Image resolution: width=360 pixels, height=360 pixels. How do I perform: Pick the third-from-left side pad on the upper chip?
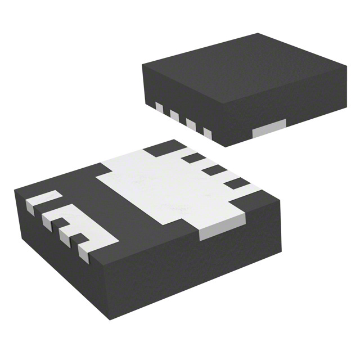(x=191, y=125)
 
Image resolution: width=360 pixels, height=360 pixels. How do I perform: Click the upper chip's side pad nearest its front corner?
(x=206, y=134)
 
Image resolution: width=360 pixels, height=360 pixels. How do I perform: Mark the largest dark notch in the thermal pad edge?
(x=159, y=148)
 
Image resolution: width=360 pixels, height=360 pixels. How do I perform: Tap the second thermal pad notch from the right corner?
(x=214, y=169)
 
